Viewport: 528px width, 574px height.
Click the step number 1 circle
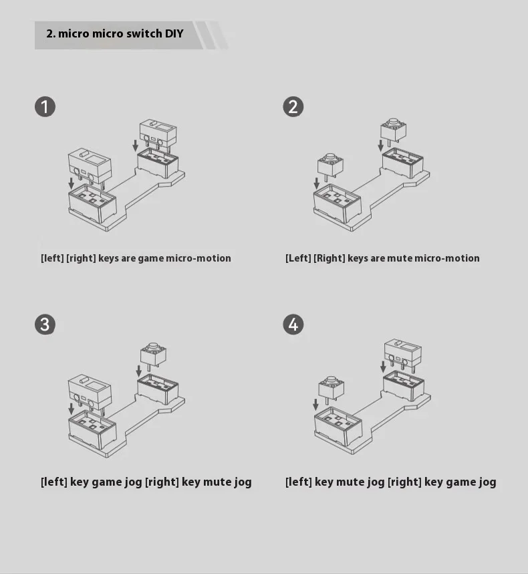tap(45, 107)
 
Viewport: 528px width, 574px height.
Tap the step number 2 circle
tap(293, 107)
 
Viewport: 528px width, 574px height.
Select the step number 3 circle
tap(45, 324)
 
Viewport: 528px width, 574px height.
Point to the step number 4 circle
tap(293, 324)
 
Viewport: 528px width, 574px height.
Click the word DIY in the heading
tap(174, 33)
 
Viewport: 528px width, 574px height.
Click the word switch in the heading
tap(144, 33)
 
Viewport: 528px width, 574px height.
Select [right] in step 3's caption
tap(162, 482)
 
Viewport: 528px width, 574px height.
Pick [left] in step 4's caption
tap(298, 482)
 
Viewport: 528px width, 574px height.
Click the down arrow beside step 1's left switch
tap(72, 183)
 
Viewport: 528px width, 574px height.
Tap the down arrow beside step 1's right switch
tap(135, 145)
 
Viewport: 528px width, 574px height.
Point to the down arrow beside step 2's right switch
tap(380, 145)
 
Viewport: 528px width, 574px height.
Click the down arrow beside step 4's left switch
tap(315, 405)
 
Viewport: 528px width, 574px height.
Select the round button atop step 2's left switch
tap(330, 157)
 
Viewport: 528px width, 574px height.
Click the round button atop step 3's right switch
tap(153, 346)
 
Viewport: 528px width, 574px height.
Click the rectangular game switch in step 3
tap(90, 391)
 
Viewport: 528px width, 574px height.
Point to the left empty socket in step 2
tap(337, 203)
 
